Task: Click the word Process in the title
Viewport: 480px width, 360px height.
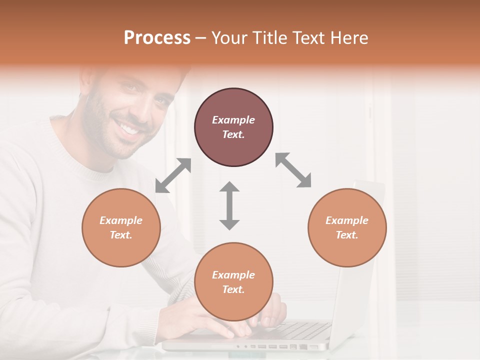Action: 157,38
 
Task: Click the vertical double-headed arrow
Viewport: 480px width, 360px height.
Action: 229,205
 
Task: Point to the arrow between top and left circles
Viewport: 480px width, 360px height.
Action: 173,175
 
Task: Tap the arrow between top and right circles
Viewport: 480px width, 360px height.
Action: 293,170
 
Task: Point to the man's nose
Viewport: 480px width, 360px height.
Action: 134,107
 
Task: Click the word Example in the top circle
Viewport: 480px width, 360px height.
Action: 233,120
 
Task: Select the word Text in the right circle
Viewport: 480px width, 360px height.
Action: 346,235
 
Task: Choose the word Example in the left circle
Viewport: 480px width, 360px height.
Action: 121,220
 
